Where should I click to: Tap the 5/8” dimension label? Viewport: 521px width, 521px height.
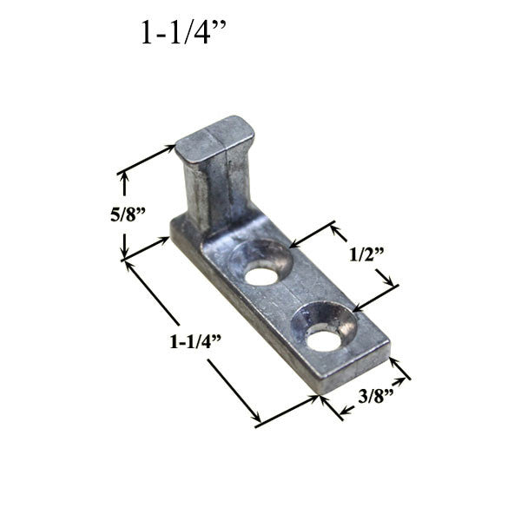pos(127,214)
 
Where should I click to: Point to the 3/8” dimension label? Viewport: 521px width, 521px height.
pos(379,397)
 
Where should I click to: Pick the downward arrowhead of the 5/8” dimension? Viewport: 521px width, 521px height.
pos(125,253)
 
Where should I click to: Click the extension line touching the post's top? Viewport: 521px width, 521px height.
pos(148,161)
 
